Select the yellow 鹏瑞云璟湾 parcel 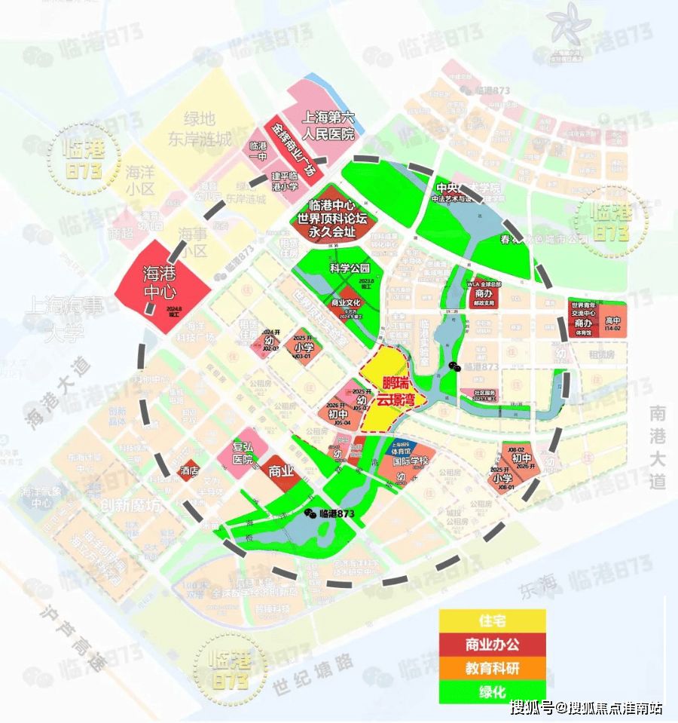click(388, 392)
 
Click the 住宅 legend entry click(493, 621)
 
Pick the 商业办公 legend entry click(493, 644)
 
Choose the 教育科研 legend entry click(493, 667)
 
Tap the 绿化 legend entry click(493, 690)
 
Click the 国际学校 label click(414, 461)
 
